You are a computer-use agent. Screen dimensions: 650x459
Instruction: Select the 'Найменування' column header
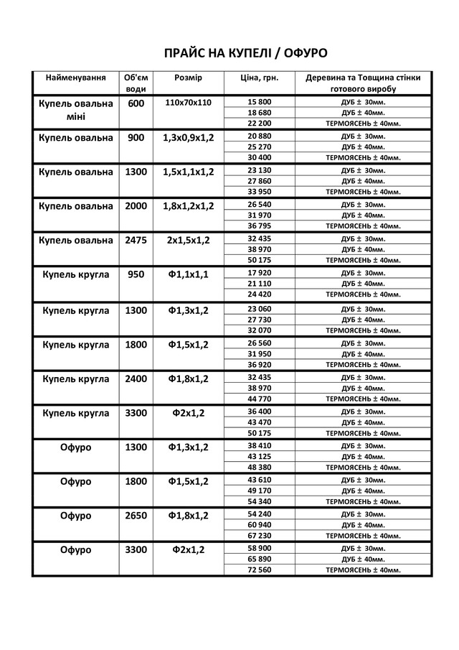tap(75, 77)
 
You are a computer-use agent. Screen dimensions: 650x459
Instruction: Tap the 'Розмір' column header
tap(188, 77)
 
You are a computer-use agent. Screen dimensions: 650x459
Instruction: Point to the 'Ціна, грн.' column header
tap(259, 77)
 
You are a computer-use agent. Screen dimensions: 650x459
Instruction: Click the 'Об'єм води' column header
tap(136, 83)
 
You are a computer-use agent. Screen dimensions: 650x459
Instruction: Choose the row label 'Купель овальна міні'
tap(75, 110)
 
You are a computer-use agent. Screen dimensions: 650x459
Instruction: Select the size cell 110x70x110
tap(188, 103)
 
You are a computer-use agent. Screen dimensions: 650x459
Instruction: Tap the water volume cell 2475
tap(136, 240)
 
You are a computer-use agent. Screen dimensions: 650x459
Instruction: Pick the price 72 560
tap(259, 570)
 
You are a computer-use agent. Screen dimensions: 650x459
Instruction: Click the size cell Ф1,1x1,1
tap(188, 274)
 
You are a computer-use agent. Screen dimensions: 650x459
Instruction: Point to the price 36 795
tap(259, 226)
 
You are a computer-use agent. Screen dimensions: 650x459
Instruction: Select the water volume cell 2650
tap(136, 516)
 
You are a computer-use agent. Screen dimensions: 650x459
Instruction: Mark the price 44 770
tap(259, 399)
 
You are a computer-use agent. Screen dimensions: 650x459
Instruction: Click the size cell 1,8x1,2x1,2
tap(188, 206)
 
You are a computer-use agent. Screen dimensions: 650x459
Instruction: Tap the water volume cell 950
tap(136, 274)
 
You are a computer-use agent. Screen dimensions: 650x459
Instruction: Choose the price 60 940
tap(259, 525)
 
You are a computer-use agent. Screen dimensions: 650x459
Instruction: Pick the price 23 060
tap(259, 309)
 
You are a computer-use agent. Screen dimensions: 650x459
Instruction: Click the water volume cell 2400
tap(136, 379)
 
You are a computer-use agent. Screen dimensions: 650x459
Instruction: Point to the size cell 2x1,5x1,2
tap(188, 240)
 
